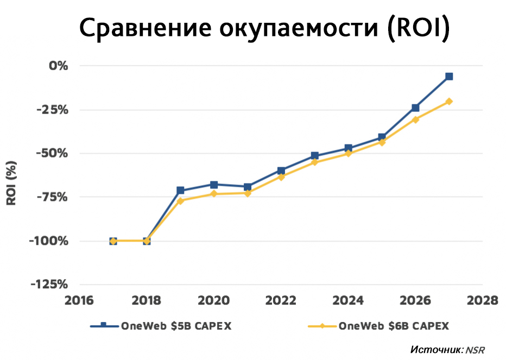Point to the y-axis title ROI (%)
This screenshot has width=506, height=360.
tap(11, 182)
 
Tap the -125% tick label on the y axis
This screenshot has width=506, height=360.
tap(50, 285)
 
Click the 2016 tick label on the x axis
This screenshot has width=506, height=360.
tap(80, 300)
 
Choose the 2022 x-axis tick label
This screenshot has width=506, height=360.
tap(281, 300)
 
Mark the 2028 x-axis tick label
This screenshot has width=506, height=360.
tap(482, 300)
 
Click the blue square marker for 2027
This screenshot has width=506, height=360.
tap(449, 77)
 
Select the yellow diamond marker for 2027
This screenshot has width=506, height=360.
tap(449, 102)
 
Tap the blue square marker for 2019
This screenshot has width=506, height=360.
tap(180, 191)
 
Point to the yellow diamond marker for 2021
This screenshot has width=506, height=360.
tap(248, 193)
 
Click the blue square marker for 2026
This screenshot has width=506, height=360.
tap(415, 108)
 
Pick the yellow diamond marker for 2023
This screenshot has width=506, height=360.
tap(315, 162)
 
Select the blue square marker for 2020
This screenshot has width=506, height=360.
tap(214, 185)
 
